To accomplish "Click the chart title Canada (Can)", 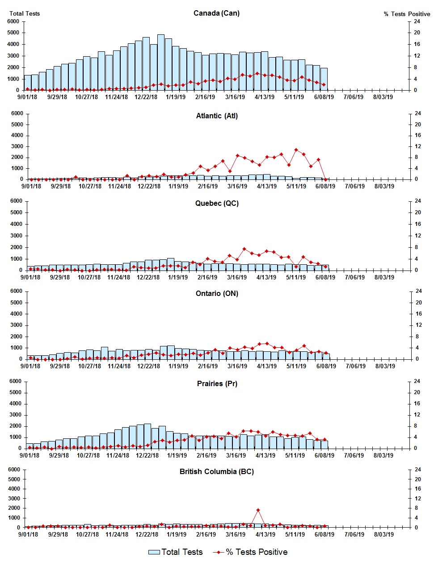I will pos(216,13).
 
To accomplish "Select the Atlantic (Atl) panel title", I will pos(217,116).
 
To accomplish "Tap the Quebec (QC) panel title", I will pos(217,203).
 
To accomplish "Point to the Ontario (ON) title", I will pos(217,293).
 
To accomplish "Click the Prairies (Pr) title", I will pos(217,383).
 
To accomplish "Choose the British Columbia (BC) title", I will pos(217,471).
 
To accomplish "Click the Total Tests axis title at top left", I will pos(25,13).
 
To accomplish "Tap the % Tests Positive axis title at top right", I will pos(407,14).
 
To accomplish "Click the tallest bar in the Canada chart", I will pos(161,62).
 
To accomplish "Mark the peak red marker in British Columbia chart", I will pos(258,510).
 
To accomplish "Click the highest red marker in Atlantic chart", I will pos(296,150).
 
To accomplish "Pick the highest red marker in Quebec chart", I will pos(244,249).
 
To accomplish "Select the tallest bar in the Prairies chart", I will pos(147,436).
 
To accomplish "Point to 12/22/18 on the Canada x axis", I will pos(146,97).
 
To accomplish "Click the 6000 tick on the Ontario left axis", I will pos(16,291).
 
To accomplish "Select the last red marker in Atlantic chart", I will pos(325,179).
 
